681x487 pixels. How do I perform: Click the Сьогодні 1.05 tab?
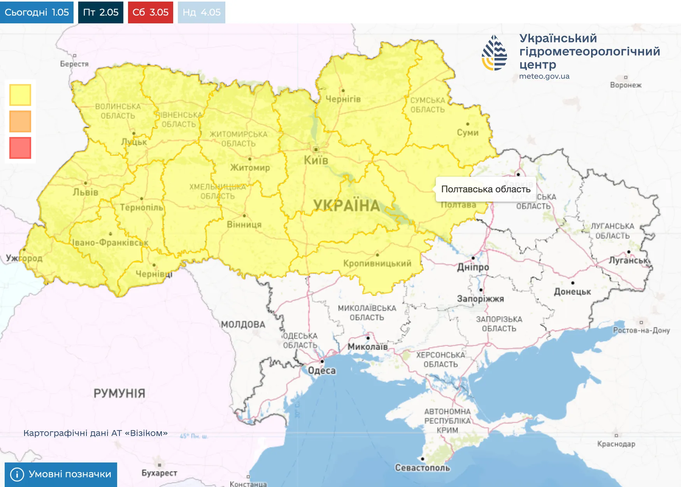pyautogui.click(x=37, y=12)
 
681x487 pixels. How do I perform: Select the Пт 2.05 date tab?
pyautogui.click(x=100, y=12)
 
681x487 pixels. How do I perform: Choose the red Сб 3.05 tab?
pyautogui.click(x=150, y=12)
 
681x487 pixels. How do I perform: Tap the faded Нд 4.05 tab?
pyautogui.click(x=201, y=12)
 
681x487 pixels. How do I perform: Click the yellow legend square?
pyautogui.click(x=20, y=95)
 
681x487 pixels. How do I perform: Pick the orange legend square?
pyautogui.click(x=20, y=121)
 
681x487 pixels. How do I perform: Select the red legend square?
pyautogui.click(x=20, y=148)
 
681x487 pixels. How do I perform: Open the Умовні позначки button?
pyautogui.click(x=61, y=474)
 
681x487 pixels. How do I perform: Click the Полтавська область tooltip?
pyautogui.click(x=486, y=189)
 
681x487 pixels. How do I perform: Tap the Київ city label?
pyautogui.click(x=316, y=160)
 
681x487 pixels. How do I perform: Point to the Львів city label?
pyautogui.click(x=86, y=192)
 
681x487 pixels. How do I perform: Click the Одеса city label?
pyautogui.click(x=322, y=370)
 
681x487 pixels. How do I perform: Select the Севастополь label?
pyautogui.click(x=422, y=468)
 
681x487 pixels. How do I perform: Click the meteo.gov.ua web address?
pyautogui.click(x=544, y=76)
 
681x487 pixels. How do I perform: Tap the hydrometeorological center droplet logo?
pyautogui.click(x=494, y=53)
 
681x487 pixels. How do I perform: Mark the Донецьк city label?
pyautogui.click(x=572, y=291)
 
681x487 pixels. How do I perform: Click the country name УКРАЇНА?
pyautogui.click(x=346, y=206)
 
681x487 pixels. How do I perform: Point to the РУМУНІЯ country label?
pyautogui.click(x=119, y=393)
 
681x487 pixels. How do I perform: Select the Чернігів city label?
pyautogui.click(x=343, y=99)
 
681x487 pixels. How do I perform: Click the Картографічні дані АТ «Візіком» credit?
pyautogui.click(x=95, y=433)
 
